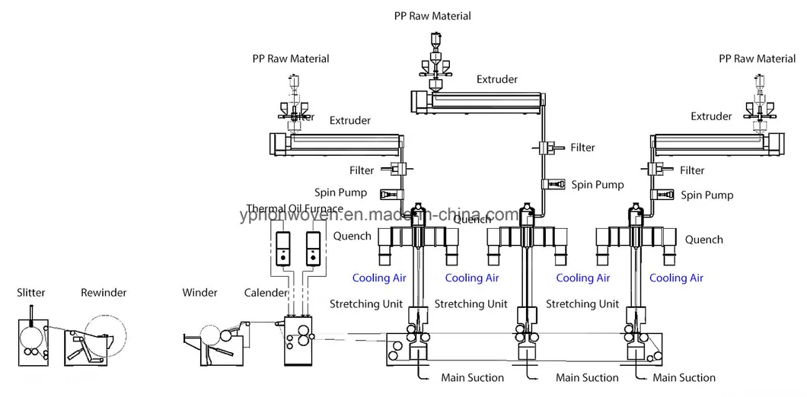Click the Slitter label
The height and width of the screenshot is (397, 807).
pyautogui.click(x=30, y=292)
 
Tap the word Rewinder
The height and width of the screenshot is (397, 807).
pyautogui.click(x=104, y=292)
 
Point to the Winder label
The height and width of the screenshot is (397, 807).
pyautogui.click(x=199, y=292)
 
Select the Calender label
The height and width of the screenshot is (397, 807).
pyautogui.click(x=266, y=292)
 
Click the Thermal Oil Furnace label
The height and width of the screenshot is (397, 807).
pyautogui.click(x=295, y=209)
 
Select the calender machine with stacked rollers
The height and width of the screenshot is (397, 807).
pyautogui.click(x=298, y=340)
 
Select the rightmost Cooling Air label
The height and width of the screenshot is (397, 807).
pyautogui.click(x=676, y=278)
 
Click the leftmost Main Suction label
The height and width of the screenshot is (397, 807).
pyautogui.click(x=472, y=377)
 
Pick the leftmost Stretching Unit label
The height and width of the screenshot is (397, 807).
pyautogui.click(x=365, y=304)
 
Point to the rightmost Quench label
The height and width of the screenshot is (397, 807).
pyautogui.click(x=703, y=240)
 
